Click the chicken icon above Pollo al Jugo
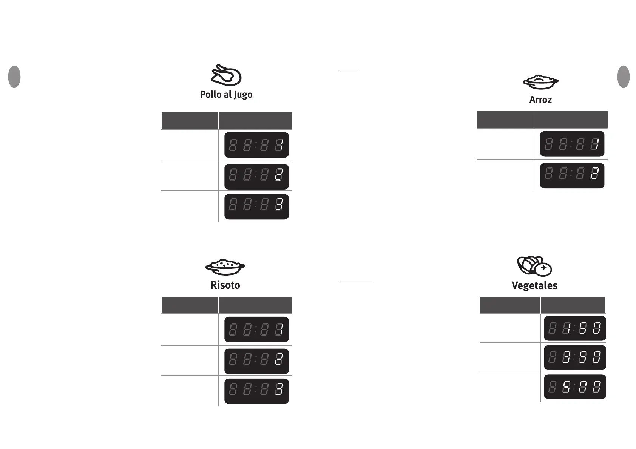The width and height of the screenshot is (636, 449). tap(226, 75)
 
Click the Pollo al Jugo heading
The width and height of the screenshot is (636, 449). tap(226, 95)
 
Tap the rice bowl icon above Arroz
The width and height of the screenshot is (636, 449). tap(540, 81)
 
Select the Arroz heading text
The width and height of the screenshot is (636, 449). tap(540, 100)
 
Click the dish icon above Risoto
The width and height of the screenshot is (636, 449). tap(225, 267)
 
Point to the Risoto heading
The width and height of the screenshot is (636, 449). tap(225, 285)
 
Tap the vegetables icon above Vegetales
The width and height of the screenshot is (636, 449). tap(534, 266)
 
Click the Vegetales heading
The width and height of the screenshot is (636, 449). tap(534, 285)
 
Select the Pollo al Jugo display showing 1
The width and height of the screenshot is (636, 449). tap(256, 145)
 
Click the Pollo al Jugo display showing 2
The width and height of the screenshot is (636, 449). tap(256, 176)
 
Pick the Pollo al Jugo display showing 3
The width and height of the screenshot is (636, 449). tap(256, 206)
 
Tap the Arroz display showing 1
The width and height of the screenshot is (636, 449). tap(572, 144)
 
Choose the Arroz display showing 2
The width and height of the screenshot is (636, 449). tap(572, 175)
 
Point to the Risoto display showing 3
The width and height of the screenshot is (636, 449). tap(256, 391)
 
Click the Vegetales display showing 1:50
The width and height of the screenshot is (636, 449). tap(575, 328)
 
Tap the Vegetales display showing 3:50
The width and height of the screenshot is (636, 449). tap(575, 357)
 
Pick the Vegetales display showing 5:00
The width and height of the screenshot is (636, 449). tap(575, 387)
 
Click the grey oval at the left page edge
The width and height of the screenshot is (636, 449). tap(14, 77)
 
